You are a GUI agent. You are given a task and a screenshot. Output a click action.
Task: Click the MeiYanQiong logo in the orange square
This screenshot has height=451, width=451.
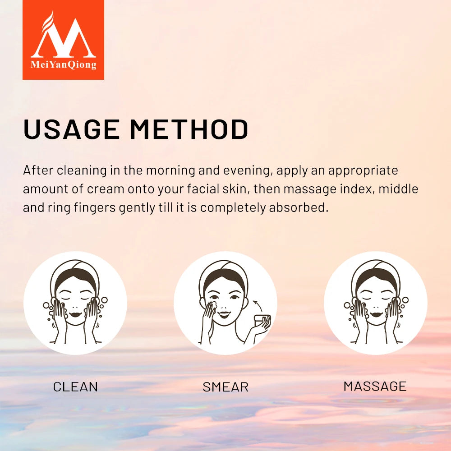coord(63,40)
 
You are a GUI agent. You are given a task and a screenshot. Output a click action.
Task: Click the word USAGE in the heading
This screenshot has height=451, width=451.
coord(72,129)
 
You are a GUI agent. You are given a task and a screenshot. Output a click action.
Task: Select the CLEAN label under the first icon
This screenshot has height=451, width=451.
coord(75,387)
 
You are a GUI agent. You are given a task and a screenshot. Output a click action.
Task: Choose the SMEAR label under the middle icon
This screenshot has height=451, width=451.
coord(225,387)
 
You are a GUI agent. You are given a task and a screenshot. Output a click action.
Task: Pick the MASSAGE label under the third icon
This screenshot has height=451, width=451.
coord(375,386)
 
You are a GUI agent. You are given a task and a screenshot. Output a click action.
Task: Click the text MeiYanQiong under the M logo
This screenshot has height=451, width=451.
coord(63,65)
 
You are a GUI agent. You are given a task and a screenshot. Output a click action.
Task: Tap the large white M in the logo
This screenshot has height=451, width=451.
coord(63,38)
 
